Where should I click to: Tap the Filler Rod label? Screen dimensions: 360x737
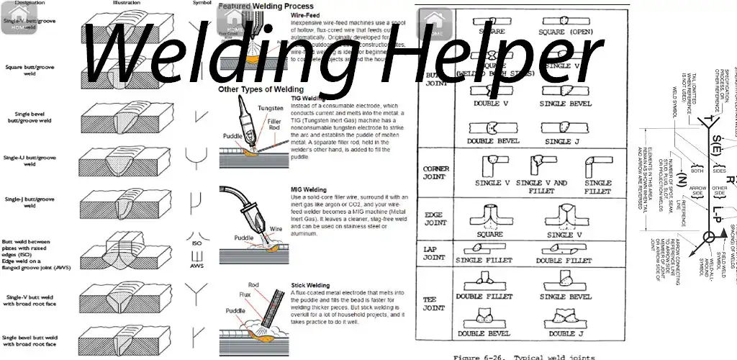[x=274, y=127]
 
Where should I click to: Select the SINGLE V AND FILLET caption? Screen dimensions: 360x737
[x=541, y=187]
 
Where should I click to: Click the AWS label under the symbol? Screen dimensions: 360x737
[x=196, y=266]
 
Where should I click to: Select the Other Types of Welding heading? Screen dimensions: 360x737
[x=261, y=89]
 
